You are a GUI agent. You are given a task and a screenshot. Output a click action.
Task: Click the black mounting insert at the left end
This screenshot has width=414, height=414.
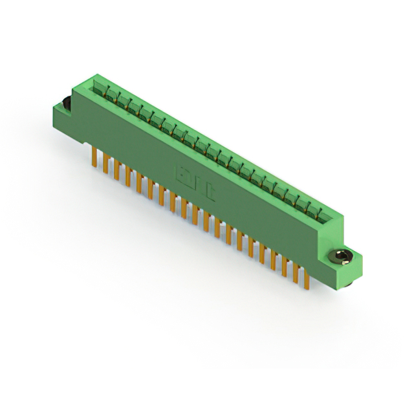point(65,103)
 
